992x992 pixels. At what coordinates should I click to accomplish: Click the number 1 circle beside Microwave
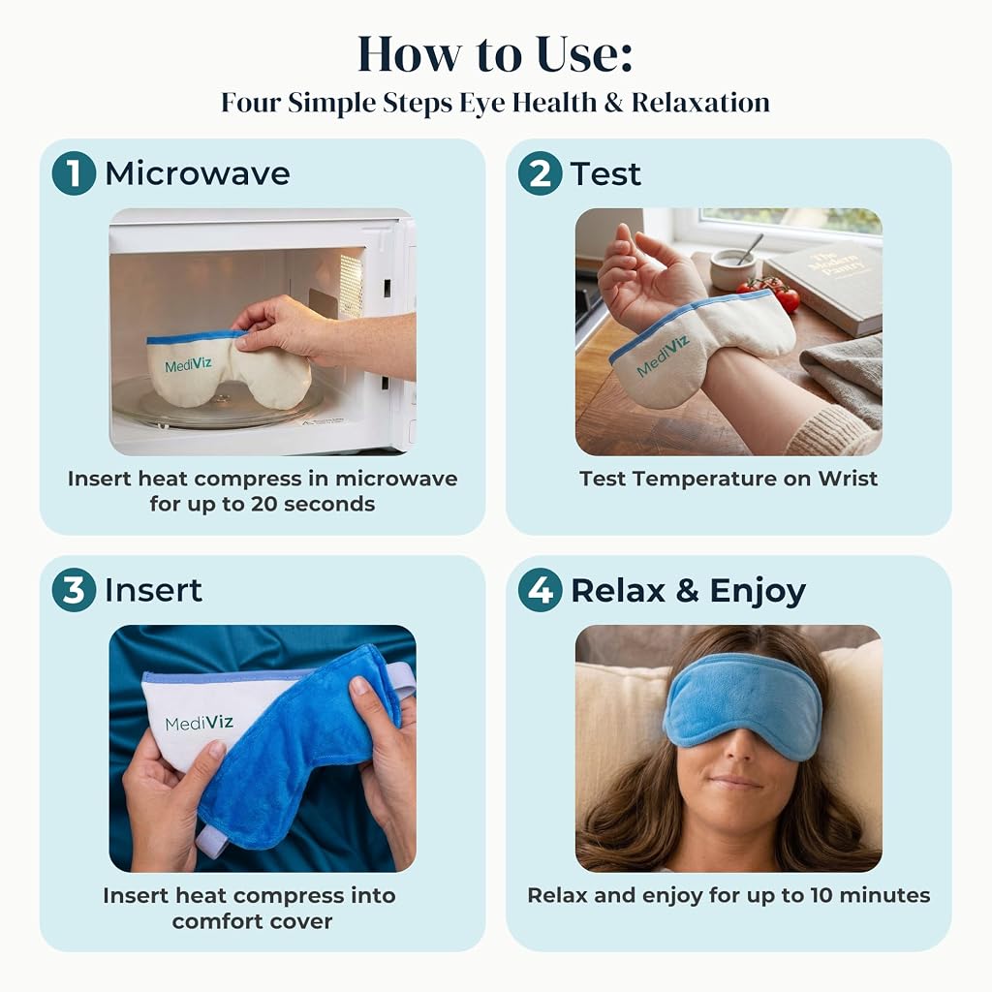74,173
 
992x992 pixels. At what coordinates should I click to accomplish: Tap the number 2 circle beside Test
540,173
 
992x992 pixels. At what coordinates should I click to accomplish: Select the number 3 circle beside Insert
74,590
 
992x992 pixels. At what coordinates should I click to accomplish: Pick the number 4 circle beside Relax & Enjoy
540,590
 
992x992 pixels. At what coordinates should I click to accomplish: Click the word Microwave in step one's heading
198,173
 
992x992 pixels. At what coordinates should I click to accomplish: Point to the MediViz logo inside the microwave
188,364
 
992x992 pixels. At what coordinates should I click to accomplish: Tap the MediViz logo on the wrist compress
662,356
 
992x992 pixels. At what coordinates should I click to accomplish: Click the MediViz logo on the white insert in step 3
199,723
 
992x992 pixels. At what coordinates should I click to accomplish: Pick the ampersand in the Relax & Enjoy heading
688,590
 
